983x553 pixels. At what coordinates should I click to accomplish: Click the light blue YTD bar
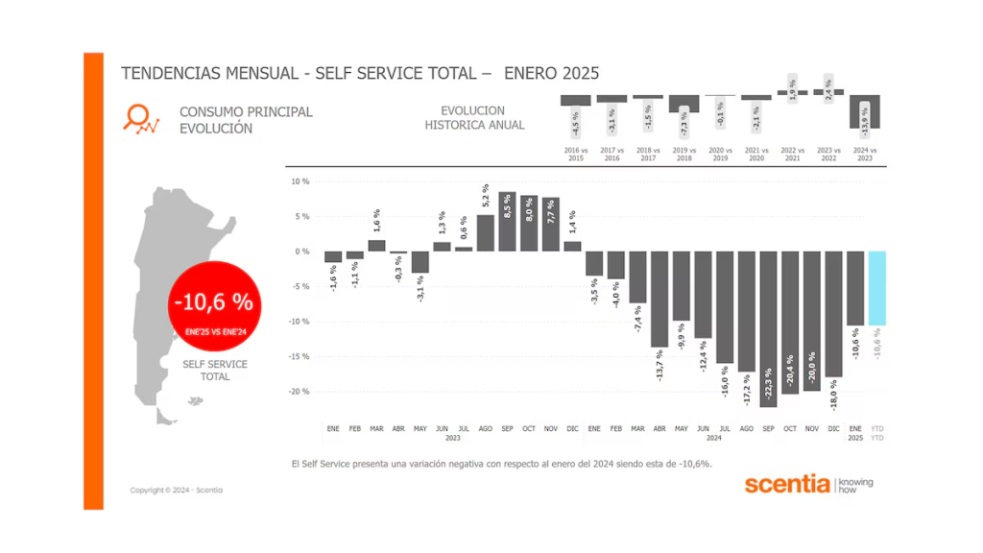[x=877, y=288]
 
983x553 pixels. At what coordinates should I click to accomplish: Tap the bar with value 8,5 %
[x=507, y=222]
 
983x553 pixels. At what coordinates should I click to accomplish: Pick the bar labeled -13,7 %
[x=659, y=299]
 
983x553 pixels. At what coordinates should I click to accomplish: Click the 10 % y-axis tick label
[x=300, y=181]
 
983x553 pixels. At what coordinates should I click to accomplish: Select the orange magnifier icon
[x=141, y=118]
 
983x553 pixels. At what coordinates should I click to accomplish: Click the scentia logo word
[x=786, y=483]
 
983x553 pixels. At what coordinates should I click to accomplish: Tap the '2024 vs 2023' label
[x=866, y=154]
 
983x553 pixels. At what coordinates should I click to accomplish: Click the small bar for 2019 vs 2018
[x=683, y=103]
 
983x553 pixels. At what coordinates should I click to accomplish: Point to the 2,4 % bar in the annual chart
[x=829, y=92]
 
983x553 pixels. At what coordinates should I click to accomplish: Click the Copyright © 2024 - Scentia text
[x=177, y=491]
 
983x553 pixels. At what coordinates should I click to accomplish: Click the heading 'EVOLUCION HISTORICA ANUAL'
[x=475, y=118]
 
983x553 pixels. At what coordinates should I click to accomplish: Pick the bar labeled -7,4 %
[x=637, y=276]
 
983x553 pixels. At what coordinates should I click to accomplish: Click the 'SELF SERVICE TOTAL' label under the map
[x=215, y=370]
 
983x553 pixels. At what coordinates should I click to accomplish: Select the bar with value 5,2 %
[x=486, y=232]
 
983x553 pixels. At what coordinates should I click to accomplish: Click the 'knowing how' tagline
[x=855, y=483]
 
